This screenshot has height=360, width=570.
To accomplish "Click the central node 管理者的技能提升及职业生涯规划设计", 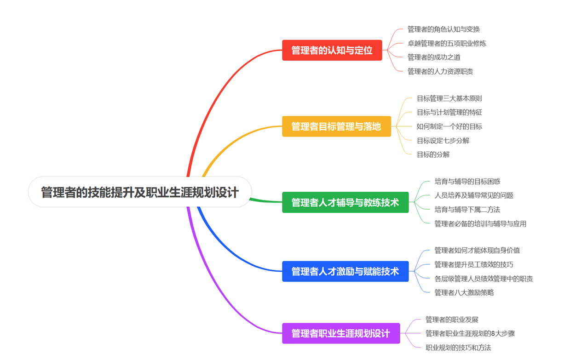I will coord(140,192).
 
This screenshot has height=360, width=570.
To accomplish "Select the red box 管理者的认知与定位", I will coord(332,50).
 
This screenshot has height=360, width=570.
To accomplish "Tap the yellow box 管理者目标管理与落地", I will coord(336,126).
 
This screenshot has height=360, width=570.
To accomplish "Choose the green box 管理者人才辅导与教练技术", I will coord(345,202).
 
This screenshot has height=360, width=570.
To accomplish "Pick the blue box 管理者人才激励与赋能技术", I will coord(345,271).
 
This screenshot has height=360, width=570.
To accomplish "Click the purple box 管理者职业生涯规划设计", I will coord(340,333).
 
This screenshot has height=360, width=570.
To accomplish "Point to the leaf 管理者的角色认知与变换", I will coord(443,29).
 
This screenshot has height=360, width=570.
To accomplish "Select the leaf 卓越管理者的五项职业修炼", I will coord(447,43).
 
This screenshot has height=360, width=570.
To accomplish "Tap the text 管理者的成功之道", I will coord(434,57).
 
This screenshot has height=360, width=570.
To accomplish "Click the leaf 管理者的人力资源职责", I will coord(440,71).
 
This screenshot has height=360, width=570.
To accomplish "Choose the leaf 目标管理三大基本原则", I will coord(449,98).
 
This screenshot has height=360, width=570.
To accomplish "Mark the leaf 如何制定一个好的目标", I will coord(449,126).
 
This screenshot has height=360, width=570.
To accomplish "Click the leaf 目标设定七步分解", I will coord(443,141).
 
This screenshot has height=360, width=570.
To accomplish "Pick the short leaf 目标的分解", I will coord(433,154).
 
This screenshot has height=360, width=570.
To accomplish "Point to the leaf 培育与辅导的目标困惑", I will coord(467,182).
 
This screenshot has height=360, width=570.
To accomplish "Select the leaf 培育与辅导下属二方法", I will coord(467,210).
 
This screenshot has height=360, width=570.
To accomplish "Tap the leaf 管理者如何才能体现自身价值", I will coord(477,251).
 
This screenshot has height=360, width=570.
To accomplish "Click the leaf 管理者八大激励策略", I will coord(464,292).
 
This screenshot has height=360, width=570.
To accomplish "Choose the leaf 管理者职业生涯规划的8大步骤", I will coord(470,333).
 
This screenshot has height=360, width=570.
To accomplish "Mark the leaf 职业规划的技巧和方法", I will coord(458,348).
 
